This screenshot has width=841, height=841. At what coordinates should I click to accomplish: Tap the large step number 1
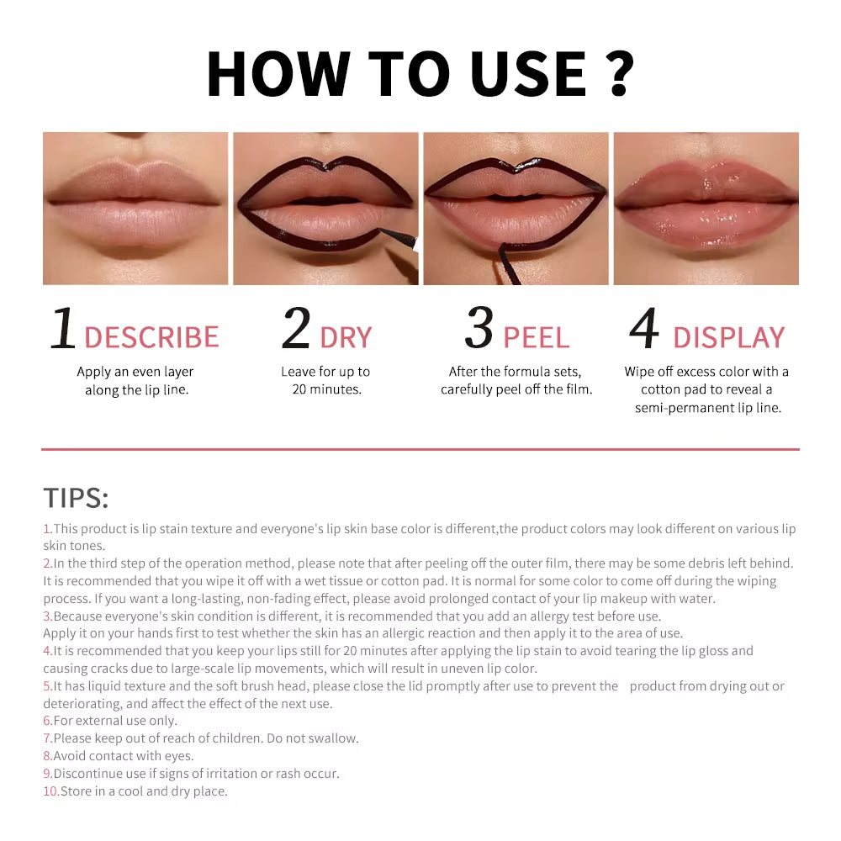click(x=63, y=329)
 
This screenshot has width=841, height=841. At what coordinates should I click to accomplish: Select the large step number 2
click(x=296, y=329)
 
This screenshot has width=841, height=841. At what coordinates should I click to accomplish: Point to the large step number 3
click(x=479, y=329)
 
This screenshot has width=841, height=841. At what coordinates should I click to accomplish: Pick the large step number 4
click(x=644, y=329)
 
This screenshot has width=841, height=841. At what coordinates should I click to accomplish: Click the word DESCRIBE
click(x=151, y=337)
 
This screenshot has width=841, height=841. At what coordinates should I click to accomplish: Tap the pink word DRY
click(x=346, y=337)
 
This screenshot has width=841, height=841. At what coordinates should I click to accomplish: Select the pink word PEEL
click(x=536, y=337)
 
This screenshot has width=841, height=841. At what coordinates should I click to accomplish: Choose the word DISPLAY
click(x=728, y=337)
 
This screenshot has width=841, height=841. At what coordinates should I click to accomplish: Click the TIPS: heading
click(x=76, y=498)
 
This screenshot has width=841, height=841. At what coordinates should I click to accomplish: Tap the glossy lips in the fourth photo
click(x=706, y=206)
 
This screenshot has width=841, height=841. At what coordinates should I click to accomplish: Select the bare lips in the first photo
click(x=135, y=206)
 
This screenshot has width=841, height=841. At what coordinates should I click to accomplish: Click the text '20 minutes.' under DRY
click(x=326, y=389)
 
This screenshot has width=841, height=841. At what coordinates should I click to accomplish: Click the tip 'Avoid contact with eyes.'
click(x=123, y=756)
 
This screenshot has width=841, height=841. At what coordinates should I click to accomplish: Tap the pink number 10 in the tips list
click(x=50, y=791)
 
